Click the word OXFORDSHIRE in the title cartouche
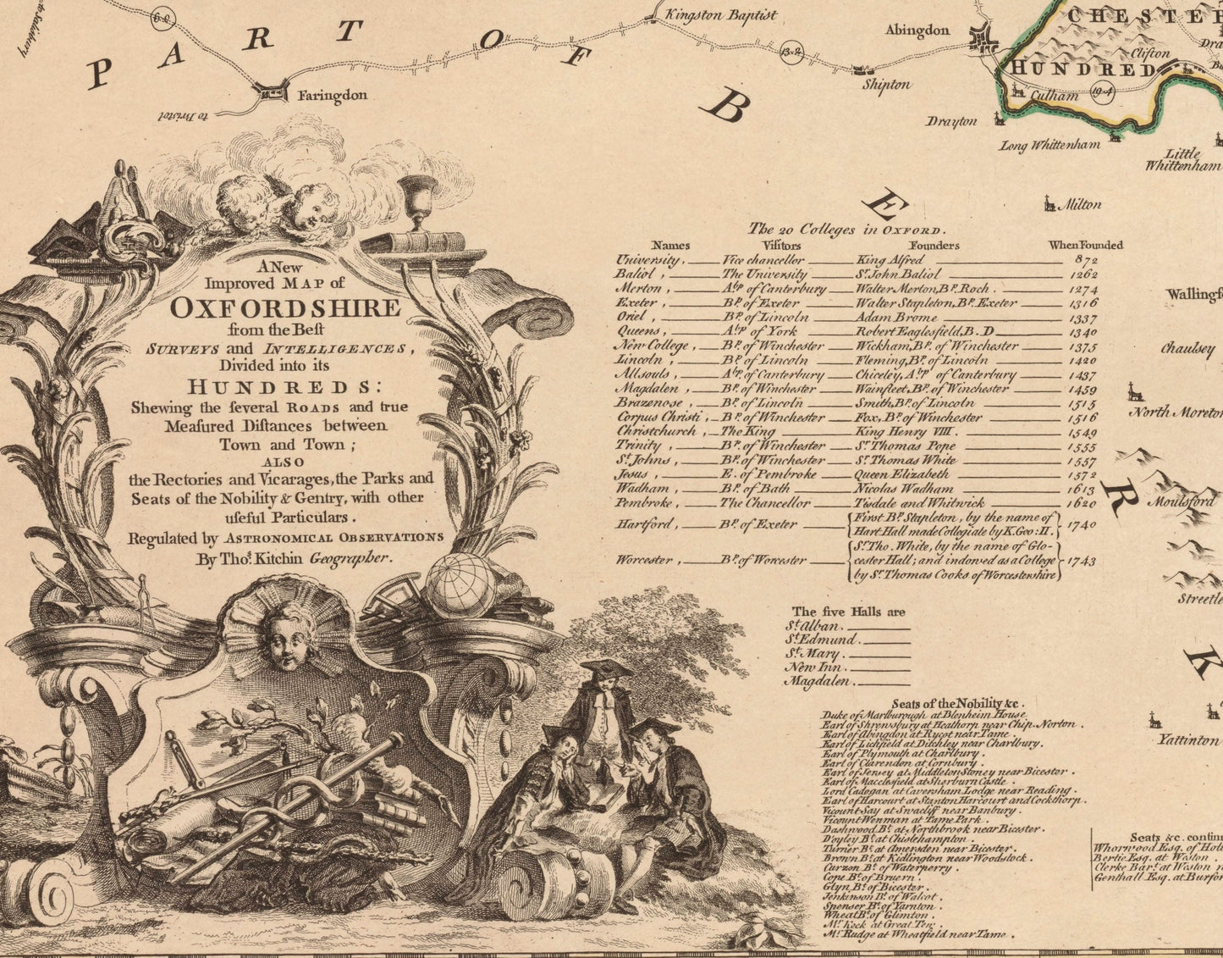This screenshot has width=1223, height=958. tap(285, 307)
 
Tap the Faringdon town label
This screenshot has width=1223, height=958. tap(331, 96)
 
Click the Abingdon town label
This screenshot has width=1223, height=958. tap(917, 30)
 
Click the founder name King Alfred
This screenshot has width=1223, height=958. tap(890, 260)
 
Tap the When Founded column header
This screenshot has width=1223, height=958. tap(1085, 246)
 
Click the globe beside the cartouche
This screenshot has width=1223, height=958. tap(460, 585)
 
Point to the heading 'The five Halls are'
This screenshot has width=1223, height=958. tap(848, 612)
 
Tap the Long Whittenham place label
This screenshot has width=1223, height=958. tap(1049, 146)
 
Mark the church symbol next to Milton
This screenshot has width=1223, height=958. tap(1049, 203)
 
